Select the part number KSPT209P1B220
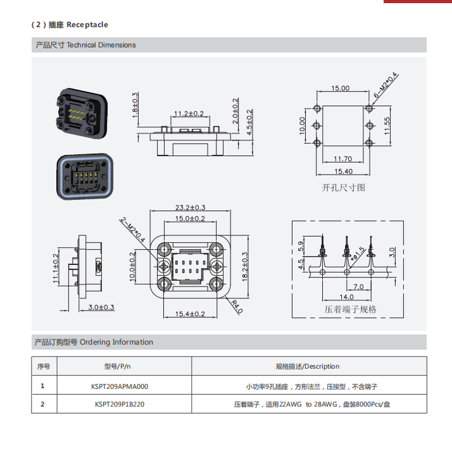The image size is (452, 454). (120, 404)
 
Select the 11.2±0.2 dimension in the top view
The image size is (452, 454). (189, 113)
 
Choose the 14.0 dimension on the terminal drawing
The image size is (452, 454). (346, 297)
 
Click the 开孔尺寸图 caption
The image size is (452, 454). (343, 188)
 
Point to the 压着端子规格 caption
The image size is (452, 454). (351, 309)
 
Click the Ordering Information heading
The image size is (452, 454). (94, 342)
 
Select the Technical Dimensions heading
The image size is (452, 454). (85, 45)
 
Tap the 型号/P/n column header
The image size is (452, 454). (120, 366)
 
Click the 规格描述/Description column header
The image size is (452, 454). (308, 366)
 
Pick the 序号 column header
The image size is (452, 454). (43, 366)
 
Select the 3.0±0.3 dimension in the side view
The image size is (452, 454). (101, 307)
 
